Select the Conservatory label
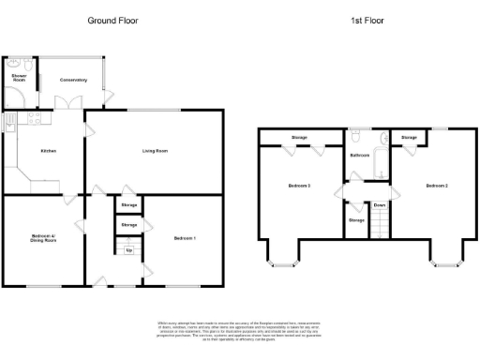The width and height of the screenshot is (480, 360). click(x=73, y=80)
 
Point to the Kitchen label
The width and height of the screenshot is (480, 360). click(x=49, y=150)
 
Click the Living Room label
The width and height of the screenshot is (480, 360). click(x=155, y=150)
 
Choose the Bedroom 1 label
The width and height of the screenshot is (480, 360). click(x=185, y=239)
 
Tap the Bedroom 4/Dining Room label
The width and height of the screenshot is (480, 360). click(x=43, y=239)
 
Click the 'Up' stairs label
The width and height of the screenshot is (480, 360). click(x=128, y=250)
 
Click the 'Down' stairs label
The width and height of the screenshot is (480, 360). click(x=380, y=204)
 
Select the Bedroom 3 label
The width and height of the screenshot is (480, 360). click(x=299, y=186)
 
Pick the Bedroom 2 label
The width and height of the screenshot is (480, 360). click(x=437, y=186)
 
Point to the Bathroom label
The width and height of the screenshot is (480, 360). click(x=358, y=155)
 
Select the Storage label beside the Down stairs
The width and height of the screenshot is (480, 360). click(x=356, y=220)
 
